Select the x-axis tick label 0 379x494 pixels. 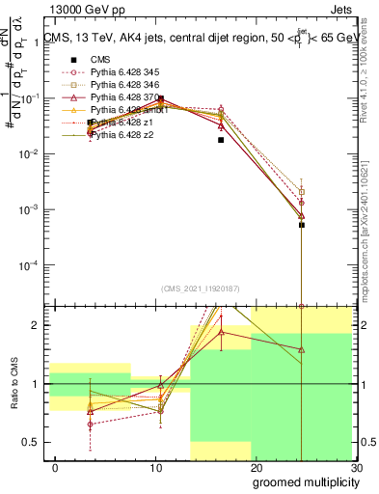tap(55, 468)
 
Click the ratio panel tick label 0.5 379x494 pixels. tap(34, 442)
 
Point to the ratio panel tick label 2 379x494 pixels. tap(38, 325)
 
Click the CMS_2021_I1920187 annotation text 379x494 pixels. tap(201, 289)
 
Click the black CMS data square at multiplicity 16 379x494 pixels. tap(221, 139)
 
